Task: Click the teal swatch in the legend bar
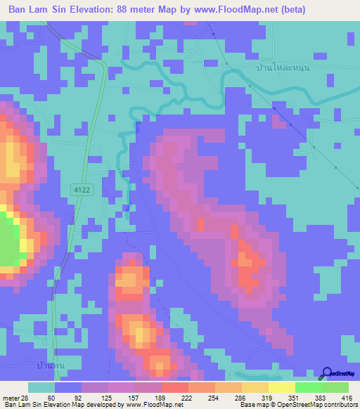tap(41, 388)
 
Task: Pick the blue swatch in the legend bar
tap(68, 388)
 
